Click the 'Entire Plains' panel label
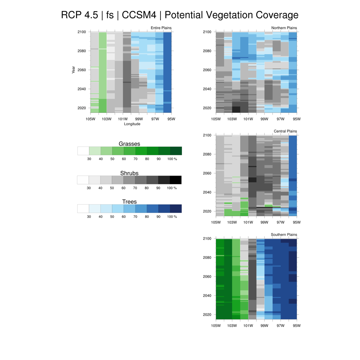pyautogui.click(x=161, y=28)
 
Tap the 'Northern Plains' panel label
pyautogui.click(x=284, y=28)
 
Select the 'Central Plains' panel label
pyautogui.click(x=285, y=131)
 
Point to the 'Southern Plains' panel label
pyautogui.click(x=284, y=235)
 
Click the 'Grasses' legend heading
pyautogui.click(x=129, y=144)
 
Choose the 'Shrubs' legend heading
pyautogui.click(x=129, y=173)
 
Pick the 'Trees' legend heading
pyautogui.click(x=129, y=202)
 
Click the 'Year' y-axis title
pyautogui.click(x=74, y=70)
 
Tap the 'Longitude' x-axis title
pyautogui.click(x=132, y=124)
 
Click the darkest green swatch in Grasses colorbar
pyautogui.click(x=176, y=151)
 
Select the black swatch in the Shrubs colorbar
pyautogui.click(x=175, y=180)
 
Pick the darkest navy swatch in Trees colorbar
pyautogui.click(x=175, y=208)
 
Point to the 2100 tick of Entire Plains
pyautogui.click(x=82, y=32)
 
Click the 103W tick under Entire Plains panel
pyautogui.click(x=106, y=119)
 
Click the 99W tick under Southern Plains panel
pyautogui.click(x=264, y=325)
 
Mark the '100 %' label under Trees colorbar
pyautogui.click(x=172, y=217)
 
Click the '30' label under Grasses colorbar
pyautogui.click(x=89, y=159)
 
